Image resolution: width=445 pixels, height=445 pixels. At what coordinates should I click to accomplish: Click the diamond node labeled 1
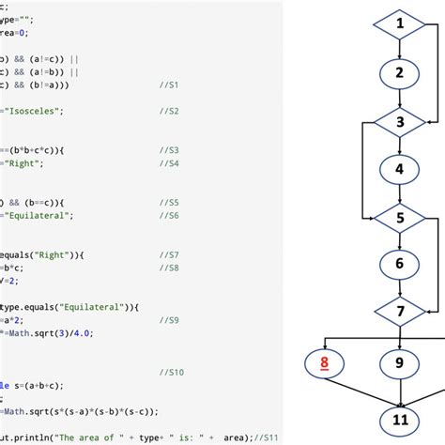(x=399, y=23)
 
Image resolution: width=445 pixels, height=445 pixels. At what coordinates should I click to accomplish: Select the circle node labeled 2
(x=399, y=72)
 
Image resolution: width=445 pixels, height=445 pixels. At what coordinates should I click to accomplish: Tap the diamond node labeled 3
(x=399, y=121)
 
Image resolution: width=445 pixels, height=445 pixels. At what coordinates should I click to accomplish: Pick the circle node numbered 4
(x=399, y=170)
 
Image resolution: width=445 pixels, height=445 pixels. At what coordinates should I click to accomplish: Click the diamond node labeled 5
(x=399, y=218)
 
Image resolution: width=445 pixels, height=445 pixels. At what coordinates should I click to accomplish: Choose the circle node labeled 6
(x=399, y=265)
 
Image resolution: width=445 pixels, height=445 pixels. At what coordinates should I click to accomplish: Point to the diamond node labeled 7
(x=399, y=310)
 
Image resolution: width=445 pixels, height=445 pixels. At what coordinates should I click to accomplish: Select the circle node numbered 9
(x=399, y=362)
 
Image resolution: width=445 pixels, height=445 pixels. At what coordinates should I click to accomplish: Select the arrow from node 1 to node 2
(x=399, y=47)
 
